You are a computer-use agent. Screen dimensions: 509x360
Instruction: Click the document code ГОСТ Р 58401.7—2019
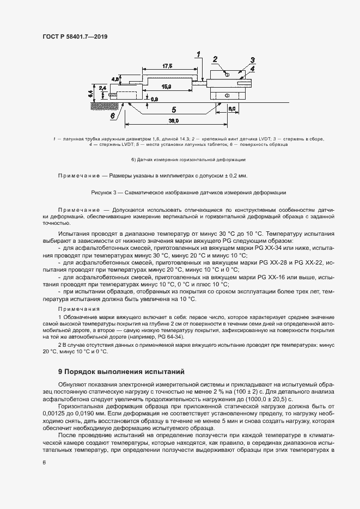tap(75, 37)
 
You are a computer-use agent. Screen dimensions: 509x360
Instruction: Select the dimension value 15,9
tap(167, 87)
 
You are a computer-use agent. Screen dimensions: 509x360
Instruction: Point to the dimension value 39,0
tap(174, 120)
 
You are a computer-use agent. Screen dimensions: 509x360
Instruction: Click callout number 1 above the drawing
tap(199, 53)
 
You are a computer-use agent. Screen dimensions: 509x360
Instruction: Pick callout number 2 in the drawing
tap(215, 59)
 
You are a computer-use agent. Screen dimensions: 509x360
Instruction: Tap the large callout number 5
tap(173, 108)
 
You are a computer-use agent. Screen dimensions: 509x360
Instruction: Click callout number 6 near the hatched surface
tap(112, 116)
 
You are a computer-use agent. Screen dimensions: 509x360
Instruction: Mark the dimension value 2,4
tap(103, 87)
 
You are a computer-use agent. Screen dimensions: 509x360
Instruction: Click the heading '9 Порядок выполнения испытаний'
tap(121, 372)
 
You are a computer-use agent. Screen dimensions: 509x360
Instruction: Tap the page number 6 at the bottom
tap(44, 462)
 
